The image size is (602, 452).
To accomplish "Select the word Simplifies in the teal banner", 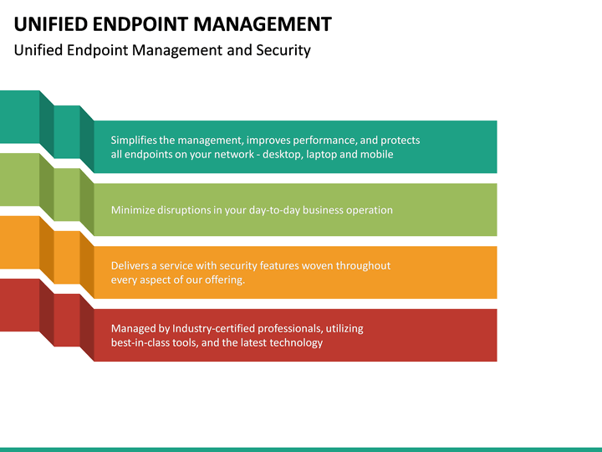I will tap(134, 141).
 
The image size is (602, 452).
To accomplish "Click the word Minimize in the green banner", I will tap(133, 210).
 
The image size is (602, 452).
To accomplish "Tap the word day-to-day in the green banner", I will tap(274, 210).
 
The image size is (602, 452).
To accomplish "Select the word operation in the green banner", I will tap(368, 210).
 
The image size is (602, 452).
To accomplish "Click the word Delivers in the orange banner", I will tap(130, 265).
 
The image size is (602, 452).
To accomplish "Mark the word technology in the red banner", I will tap(295, 343).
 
